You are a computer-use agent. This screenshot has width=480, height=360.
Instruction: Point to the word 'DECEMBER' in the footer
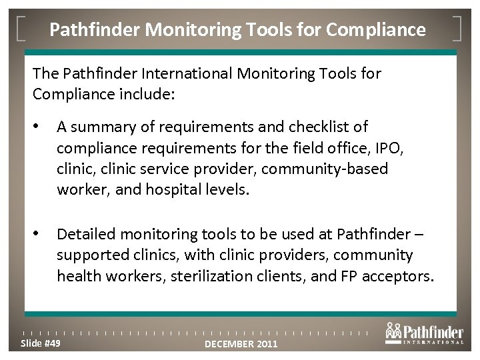coord(230,344)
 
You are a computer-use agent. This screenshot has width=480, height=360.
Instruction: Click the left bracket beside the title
coord(21,29)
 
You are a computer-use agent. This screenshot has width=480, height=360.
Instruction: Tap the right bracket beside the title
coord(460,29)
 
